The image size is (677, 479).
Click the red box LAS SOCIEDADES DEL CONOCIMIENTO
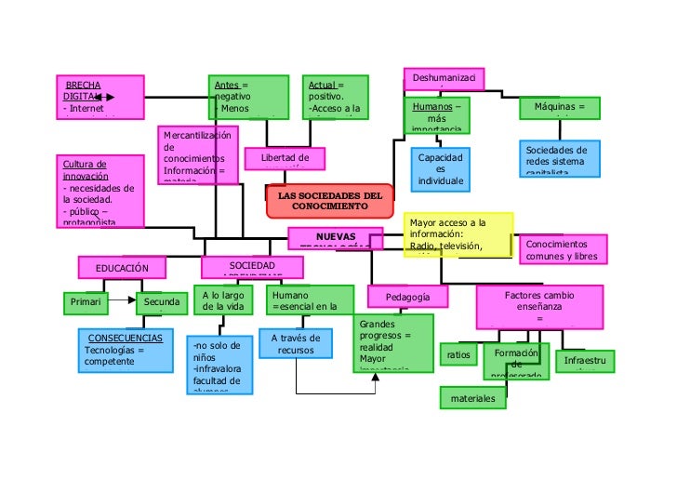click(x=330, y=201)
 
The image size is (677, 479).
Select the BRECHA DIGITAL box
click(x=99, y=97)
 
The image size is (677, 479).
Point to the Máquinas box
click(x=560, y=108)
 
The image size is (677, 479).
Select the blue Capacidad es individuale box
click(x=440, y=168)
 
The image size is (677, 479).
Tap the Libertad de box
click(x=285, y=159)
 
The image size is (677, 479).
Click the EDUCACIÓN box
click(x=122, y=268)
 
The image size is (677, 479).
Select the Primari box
click(x=86, y=302)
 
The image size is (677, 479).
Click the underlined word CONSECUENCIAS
click(x=125, y=338)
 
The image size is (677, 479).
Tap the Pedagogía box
click(x=407, y=297)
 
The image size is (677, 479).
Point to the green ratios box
click(x=458, y=355)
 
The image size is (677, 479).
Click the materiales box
click(x=473, y=399)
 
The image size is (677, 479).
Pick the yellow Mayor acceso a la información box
click(x=458, y=234)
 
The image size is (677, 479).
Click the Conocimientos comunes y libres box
click(x=563, y=249)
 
